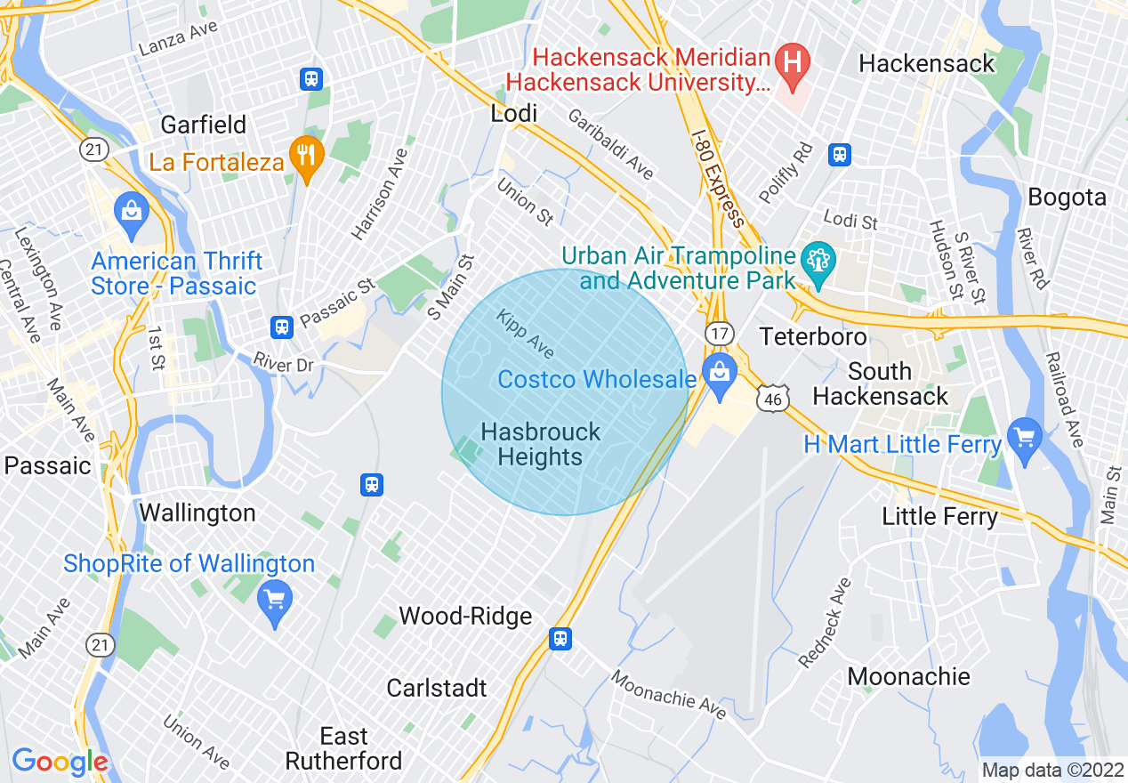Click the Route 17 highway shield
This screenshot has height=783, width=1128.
[x=718, y=333]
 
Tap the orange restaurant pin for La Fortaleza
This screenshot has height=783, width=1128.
[x=307, y=157]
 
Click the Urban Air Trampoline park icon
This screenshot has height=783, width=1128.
[x=816, y=262]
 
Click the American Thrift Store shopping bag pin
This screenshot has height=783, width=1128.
[x=132, y=214]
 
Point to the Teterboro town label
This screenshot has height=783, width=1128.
[x=813, y=336]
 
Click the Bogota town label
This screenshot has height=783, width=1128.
[x=1067, y=197]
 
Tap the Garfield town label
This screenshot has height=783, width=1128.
[x=204, y=125]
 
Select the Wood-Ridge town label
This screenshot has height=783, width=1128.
[x=465, y=616]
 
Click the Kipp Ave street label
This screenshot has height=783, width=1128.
[x=525, y=334]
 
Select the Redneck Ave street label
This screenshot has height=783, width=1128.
[x=825, y=623]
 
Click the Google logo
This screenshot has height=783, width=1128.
[x=60, y=762]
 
